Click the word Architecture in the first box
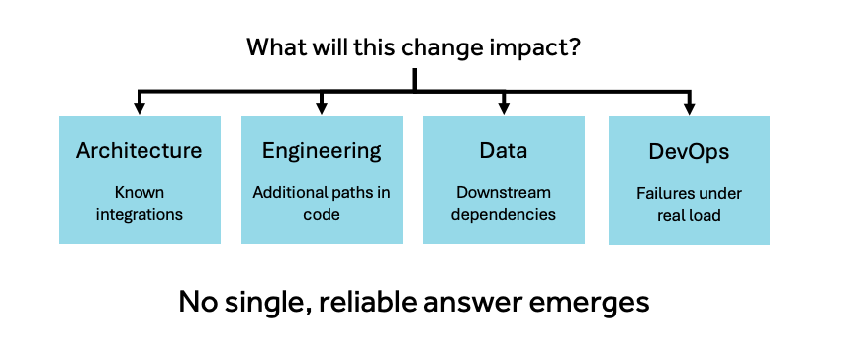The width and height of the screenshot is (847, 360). [x=140, y=150]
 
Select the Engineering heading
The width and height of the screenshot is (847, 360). [x=322, y=151]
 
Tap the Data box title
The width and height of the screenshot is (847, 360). [x=504, y=150]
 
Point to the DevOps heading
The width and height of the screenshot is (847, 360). [x=689, y=152]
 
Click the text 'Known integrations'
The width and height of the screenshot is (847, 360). [x=140, y=203]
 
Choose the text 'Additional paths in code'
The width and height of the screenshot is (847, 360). [x=322, y=203]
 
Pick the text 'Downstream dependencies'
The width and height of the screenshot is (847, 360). [x=504, y=203]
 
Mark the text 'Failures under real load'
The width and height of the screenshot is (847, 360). [x=689, y=204]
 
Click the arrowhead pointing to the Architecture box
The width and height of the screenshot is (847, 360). [x=140, y=110]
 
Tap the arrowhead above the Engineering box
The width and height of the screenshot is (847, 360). [x=322, y=110]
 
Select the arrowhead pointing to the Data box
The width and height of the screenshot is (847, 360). [x=504, y=110]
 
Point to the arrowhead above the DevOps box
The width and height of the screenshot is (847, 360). [x=689, y=110]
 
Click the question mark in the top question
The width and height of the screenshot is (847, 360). [x=574, y=48]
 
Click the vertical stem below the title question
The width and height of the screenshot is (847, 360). [x=414, y=80]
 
